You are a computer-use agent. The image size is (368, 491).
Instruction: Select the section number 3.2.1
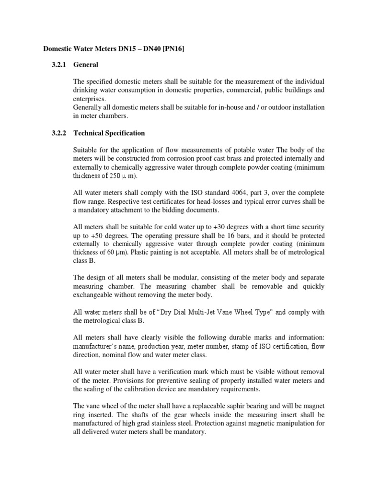point(60,65)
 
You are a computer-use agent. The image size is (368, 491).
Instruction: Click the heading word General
point(86,65)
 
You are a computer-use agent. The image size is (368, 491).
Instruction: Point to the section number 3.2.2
point(60,133)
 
